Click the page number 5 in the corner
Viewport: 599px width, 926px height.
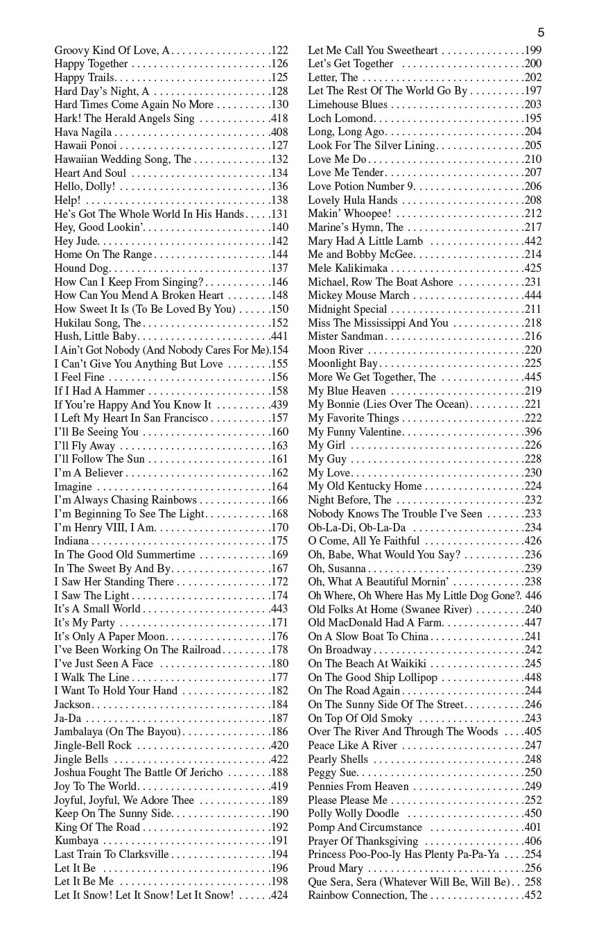coord(541,33)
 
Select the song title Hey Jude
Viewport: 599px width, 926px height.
coord(76,241)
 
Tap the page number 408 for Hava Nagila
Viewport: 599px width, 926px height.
coord(279,132)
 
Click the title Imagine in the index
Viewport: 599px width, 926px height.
coord(73,487)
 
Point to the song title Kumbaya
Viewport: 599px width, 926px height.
coord(76,841)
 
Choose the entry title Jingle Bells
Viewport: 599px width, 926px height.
coord(81,760)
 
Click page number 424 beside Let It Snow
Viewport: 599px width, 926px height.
coord(279,895)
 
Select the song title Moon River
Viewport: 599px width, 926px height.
coord(336,350)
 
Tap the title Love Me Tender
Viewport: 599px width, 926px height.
coord(346,173)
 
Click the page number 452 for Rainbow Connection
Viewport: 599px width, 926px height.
coord(533,895)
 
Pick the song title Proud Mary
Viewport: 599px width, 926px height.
coord(336,868)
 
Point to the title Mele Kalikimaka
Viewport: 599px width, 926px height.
coord(347,268)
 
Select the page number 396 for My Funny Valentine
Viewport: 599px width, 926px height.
coord(533,432)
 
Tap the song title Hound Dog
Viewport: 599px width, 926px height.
coord(81,268)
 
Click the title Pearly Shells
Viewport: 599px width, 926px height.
coord(338,760)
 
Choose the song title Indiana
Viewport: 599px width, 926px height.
coord(72,541)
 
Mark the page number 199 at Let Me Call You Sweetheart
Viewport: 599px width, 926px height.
coord(533,51)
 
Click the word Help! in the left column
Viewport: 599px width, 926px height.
coord(67,200)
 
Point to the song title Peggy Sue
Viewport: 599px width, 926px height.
coord(333,773)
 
